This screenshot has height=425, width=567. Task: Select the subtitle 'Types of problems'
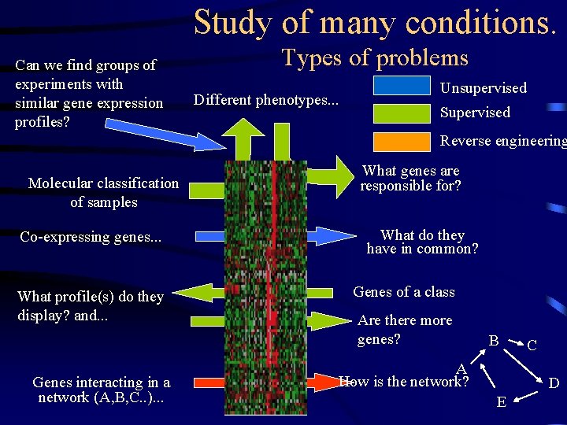[x=375, y=57]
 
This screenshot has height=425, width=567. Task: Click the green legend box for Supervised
[x=402, y=112]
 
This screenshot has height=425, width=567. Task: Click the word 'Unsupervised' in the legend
[x=483, y=88]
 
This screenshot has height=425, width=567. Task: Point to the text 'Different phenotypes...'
[x=266, y=100]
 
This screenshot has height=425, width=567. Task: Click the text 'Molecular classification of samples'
[x=103, y=193]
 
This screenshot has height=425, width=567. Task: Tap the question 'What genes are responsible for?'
[x=410, y=179]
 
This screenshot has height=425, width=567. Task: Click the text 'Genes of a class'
[x=403, y=292]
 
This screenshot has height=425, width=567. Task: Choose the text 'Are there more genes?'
[x=404, y=330]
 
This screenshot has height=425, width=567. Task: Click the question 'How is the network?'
[x=404, y=382]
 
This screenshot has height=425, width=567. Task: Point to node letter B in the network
[x=493, y=341]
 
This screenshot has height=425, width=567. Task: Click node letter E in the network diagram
[x=501, y=402]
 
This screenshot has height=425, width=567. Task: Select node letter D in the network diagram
[x=554, y=384]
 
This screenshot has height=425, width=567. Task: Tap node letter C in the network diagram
[x=532, y=346]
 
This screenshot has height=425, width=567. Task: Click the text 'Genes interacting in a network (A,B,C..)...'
[x=101, y=390]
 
